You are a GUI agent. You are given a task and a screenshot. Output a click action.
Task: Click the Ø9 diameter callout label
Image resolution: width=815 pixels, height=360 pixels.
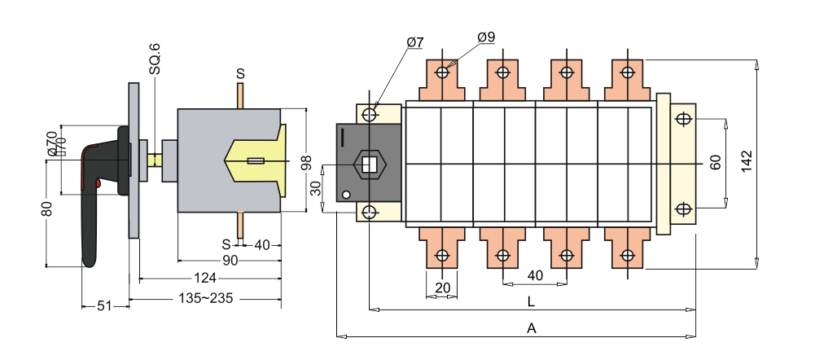click(x=486, y=37)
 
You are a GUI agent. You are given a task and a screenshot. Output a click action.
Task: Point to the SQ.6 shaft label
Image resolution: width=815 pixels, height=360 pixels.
click(x=155, y=59)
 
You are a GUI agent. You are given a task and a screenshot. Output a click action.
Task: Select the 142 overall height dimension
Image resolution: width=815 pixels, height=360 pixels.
click(x=747, y=162)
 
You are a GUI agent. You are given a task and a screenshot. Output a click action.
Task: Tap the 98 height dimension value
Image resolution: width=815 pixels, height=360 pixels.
click(x=306, y=162)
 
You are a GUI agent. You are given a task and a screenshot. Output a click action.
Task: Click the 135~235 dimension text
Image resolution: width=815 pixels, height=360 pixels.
click(x=206, y=299)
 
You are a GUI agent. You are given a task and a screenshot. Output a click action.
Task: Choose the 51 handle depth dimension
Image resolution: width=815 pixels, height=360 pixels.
click(x=104, y=306)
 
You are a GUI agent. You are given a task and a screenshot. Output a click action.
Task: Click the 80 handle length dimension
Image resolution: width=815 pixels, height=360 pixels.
click(x=46, y=209)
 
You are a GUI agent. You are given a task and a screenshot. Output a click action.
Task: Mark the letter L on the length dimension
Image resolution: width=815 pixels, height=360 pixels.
click(x=531, y=301)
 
